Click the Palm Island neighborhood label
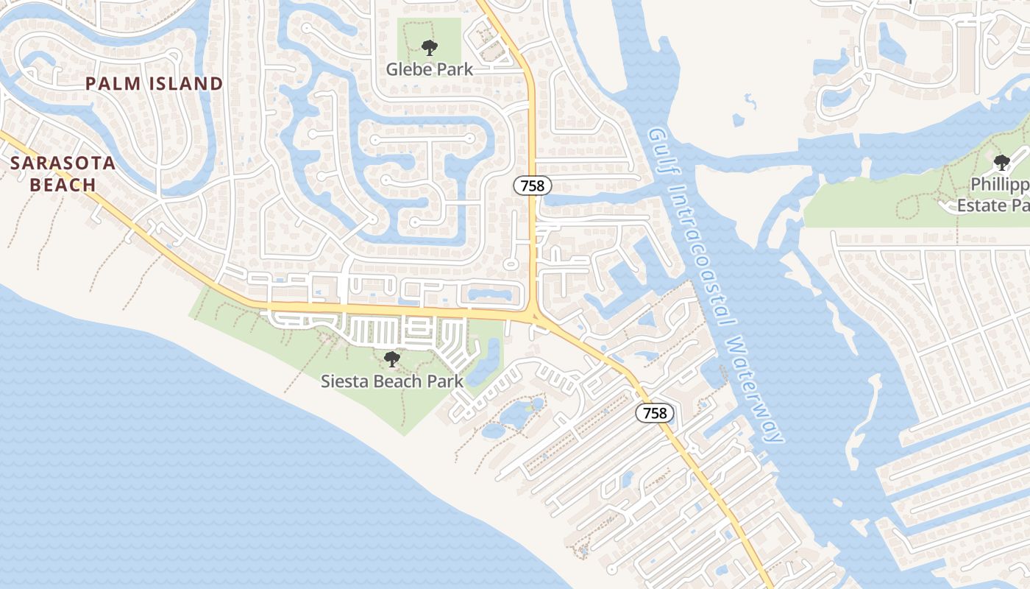click(x=154, y=84)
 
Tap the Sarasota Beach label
click(x=63, y=174)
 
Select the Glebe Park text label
click(x=430, y=69)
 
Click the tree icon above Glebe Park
click(x=430, y=49)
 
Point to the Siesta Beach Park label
click(x=392, y=381)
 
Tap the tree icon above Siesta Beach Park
click(x=392, y=359)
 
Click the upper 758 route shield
click(x=532, y=186)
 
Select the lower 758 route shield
click(x=654, y=413)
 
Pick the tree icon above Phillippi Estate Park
click(x=1001, y=163)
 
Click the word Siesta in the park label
click(x=341, y=381)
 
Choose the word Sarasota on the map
click(x=63, y=163)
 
